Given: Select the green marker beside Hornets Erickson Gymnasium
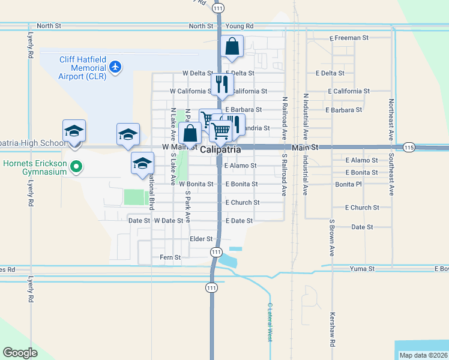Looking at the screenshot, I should [76, 167].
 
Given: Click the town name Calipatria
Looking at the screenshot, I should [220, 149].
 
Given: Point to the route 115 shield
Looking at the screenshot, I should [409, 147].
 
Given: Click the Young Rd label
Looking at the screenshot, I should [240, 26].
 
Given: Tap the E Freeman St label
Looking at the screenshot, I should [349, 38].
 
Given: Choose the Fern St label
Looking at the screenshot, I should [170, 257].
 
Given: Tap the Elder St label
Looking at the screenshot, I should [201, 239].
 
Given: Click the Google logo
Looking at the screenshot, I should [20, 353].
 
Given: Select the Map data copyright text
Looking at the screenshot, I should [423, 355].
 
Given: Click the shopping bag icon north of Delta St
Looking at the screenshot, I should [232, 46].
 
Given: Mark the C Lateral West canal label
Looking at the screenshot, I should [270, 322].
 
